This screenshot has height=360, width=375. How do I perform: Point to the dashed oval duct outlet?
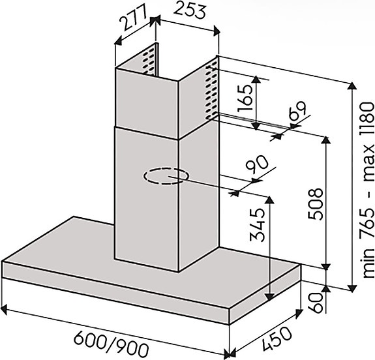(x=166, y=176)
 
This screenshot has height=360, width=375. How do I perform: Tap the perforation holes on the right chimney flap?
(x=211, y=91)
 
